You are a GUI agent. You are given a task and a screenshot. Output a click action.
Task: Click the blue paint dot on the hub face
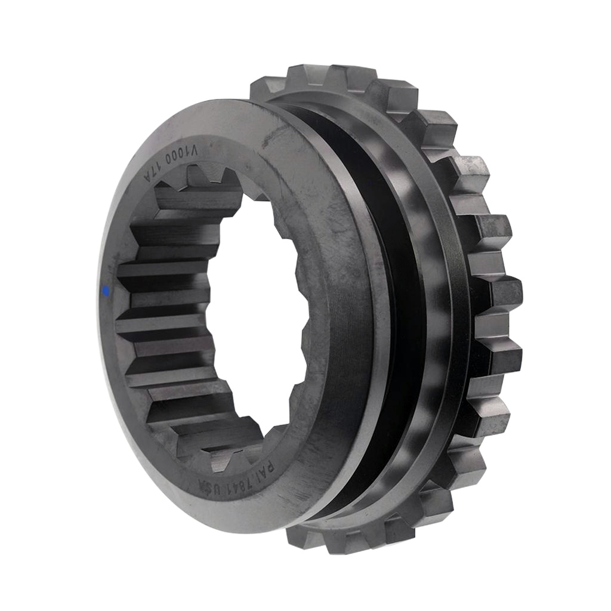106,291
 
